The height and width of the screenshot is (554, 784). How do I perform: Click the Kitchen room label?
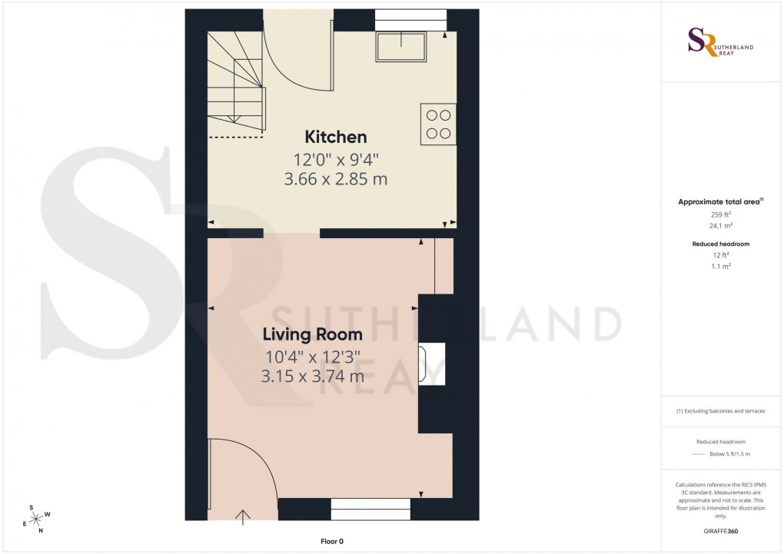pos(336,138)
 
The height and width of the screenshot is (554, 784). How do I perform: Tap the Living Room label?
pos(312,335)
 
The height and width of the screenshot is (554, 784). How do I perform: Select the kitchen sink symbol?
pos(400,47)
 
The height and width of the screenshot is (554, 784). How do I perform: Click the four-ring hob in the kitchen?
pos(438,124)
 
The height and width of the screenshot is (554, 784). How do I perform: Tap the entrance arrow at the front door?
pos(245,516)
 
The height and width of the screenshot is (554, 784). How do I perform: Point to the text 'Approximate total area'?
pos(719,202)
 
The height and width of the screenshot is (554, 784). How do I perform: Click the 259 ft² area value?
pos(719,215)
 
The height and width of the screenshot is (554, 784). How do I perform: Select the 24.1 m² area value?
pos(719,226)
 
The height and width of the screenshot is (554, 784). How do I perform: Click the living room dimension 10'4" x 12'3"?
pos(312,357)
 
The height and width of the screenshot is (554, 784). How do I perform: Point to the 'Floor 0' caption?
pos(331,542)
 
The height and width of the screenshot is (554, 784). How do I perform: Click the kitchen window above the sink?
pos(410,19)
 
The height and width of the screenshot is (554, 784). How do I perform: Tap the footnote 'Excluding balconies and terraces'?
pos(720,411)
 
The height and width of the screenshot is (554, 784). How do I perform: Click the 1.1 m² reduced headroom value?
pos(719,265)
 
